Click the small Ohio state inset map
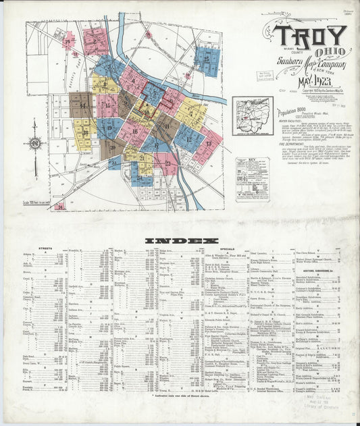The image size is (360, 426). (253, 116)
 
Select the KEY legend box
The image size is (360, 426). (252, 179)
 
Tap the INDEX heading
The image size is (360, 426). (180, 240)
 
